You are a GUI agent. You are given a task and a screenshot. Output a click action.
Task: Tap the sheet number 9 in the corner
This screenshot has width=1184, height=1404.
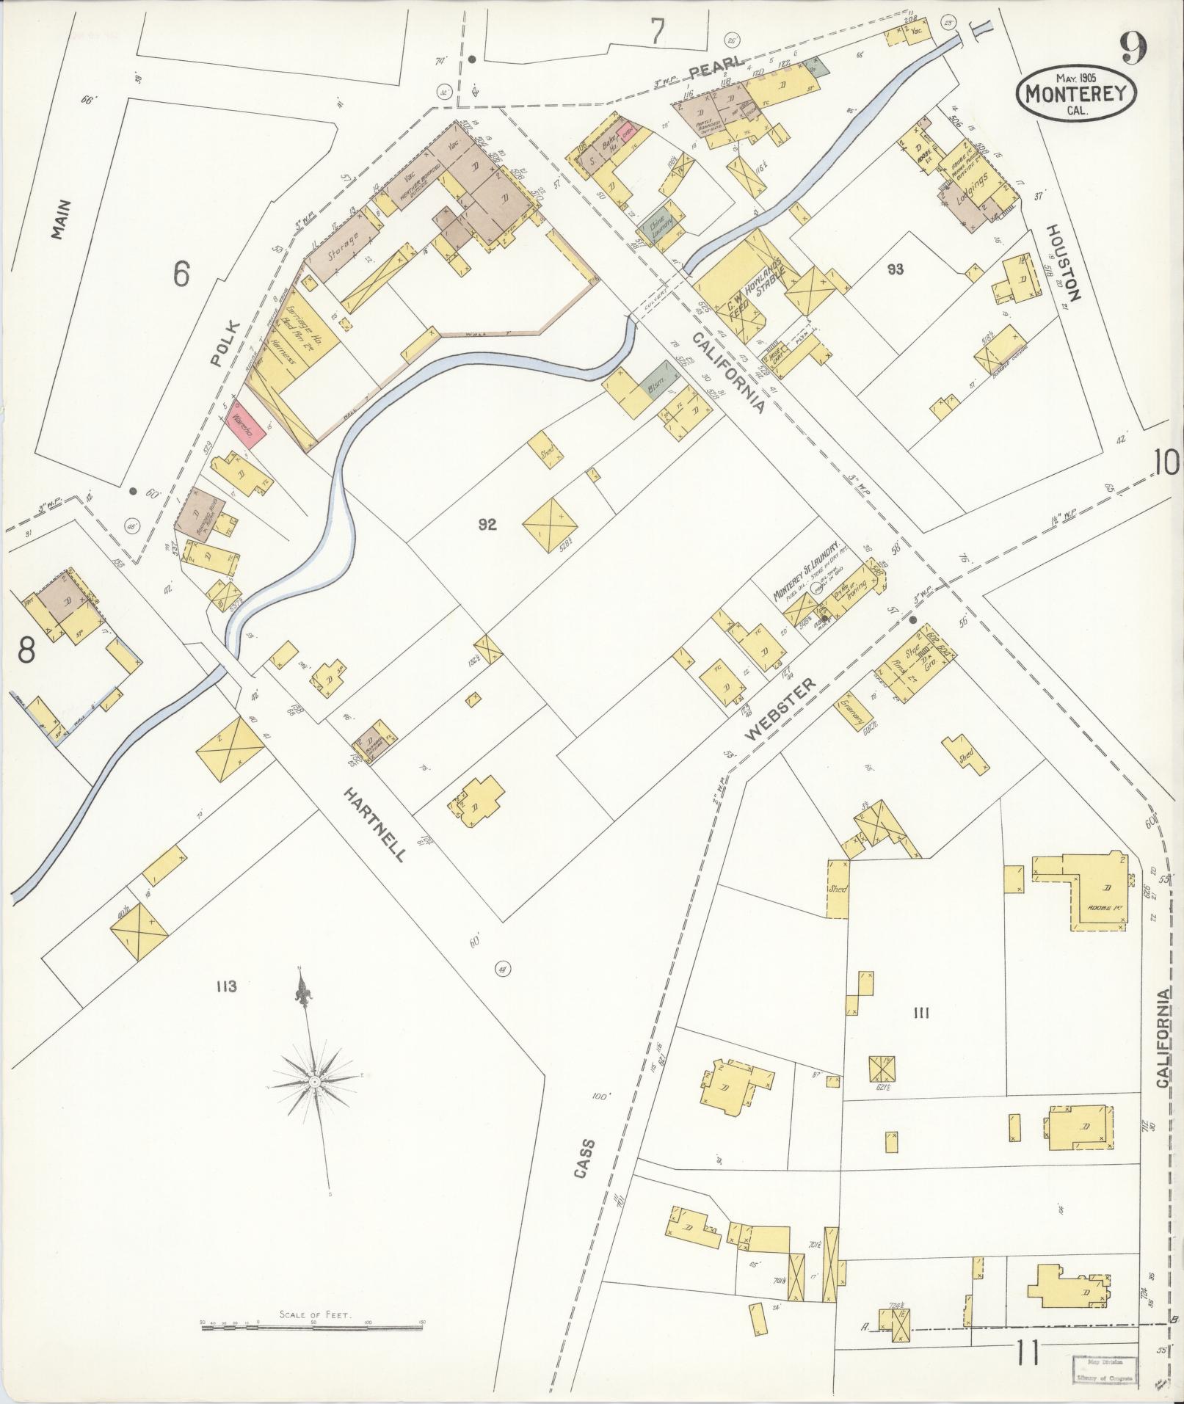pos(1135,50)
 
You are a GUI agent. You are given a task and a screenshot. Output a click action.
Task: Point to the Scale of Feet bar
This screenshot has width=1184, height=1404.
pos(313,1325)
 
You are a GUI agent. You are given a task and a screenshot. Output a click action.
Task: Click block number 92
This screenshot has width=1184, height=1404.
pos(487,524)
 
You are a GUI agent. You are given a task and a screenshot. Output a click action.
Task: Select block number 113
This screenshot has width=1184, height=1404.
pos(226,986)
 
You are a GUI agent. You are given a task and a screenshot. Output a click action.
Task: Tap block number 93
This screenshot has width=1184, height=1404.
pos(894,269)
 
